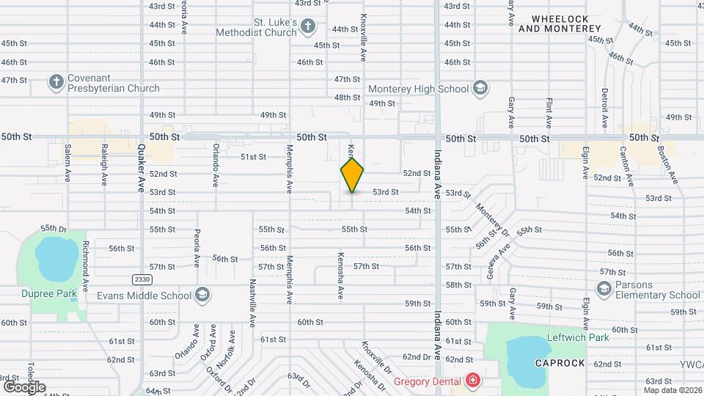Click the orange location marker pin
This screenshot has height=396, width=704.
click(x=352, y=175)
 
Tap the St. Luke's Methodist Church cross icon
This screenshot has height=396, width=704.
click(x=308, y=27)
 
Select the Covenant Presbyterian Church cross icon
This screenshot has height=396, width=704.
click(x=56, y=83)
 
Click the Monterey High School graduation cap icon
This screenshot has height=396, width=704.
click(x=480, y=89)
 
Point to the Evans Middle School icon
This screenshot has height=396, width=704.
click(x=203, y=296)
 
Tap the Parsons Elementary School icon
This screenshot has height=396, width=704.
click(x=603, y=290)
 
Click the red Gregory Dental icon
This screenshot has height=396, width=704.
click(x=473, y=381)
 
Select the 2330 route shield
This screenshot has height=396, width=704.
click(x=142, y=279)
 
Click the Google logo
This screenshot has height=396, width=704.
click(x=24, y=386)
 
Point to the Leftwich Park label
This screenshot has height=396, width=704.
click(x=578, y=338)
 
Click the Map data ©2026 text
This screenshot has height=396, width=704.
click(x=672, y=390)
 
